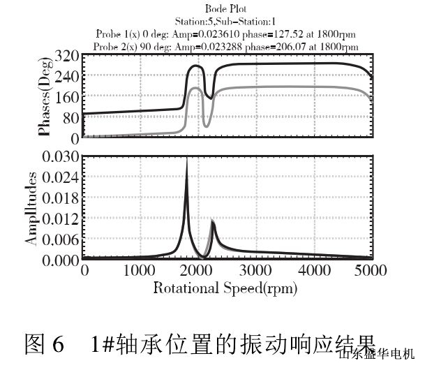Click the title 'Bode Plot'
[225, 8]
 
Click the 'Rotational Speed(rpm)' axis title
[225, 287]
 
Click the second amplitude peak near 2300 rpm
[212, 221]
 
